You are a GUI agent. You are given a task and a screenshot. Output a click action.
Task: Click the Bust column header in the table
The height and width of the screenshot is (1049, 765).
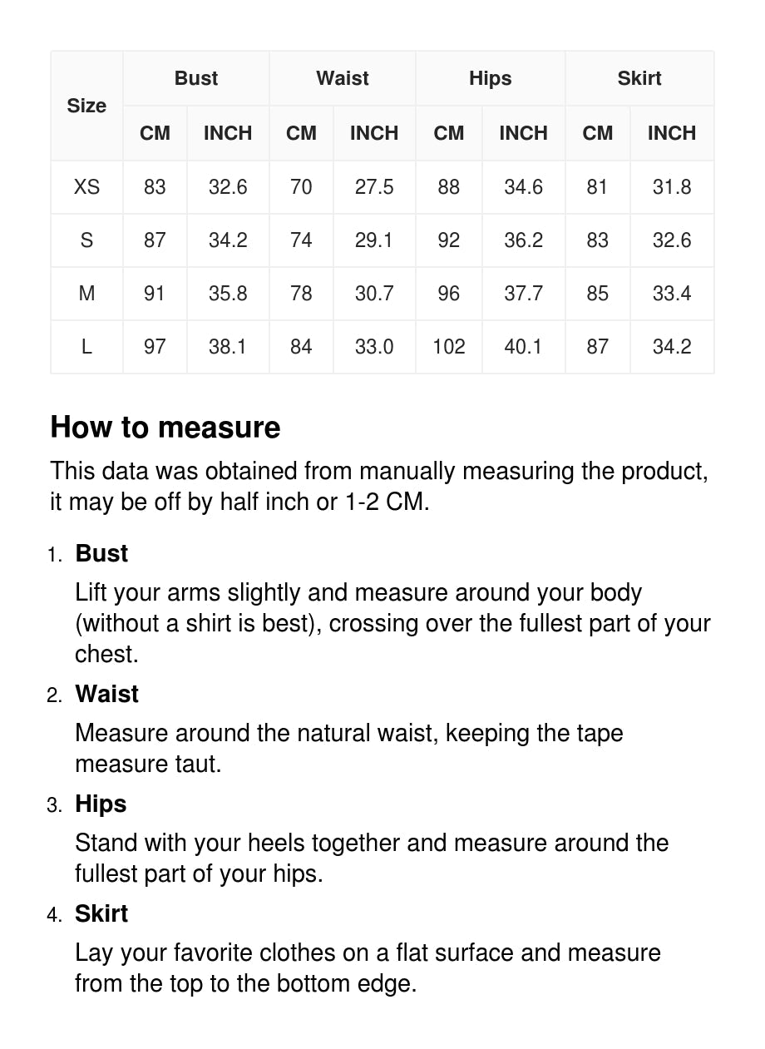pos(196,78)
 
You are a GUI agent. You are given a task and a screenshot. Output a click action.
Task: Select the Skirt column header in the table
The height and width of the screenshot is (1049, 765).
pos(639,78)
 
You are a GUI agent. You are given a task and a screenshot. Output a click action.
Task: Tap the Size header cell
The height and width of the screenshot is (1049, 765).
pos(86,106)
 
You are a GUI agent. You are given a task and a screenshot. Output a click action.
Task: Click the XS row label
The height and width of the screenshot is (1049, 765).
pos(86,187)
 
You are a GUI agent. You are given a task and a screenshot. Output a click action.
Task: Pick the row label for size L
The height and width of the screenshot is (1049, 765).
pos(86,347)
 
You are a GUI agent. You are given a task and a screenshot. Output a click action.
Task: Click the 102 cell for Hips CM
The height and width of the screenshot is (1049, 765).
pos(448,347)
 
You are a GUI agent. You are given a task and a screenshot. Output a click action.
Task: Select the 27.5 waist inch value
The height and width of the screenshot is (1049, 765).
pos(374,187)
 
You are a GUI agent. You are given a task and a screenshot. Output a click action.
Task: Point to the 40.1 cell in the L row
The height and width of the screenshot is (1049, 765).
pos(523,347)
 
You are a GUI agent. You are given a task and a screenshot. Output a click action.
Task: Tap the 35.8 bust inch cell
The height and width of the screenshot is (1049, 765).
pos(228,294)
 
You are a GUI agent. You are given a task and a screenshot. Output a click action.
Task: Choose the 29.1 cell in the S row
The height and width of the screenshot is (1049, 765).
pos(374,240)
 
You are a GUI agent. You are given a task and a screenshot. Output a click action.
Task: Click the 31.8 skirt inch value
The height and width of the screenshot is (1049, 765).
pos(672,187)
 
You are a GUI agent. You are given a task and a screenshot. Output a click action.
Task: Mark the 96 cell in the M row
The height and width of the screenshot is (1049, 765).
pos(448,294)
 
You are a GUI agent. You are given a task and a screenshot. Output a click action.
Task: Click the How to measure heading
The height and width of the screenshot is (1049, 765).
pos(165,428)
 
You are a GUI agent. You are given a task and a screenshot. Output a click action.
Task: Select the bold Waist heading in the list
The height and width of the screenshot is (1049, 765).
pos(107,694)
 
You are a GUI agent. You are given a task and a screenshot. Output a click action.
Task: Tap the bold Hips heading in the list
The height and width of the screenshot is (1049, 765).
pos(101,804)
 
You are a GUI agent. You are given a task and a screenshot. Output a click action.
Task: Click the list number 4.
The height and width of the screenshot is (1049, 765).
pos(54,915)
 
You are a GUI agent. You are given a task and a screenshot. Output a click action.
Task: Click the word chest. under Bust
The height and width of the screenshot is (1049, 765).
pos(106,654)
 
